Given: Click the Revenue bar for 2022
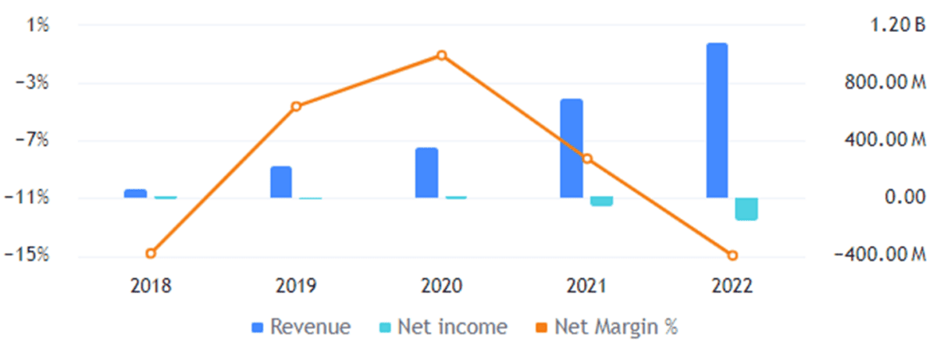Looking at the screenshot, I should (x=717, y=120).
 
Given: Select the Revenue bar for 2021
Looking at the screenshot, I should (x=572, y=148).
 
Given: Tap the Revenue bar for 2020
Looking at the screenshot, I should (x=426, y=173).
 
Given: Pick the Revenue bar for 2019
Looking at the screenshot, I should (x=281, y=182).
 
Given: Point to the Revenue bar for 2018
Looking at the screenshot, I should (x=135, y=193).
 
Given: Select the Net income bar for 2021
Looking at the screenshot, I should (x=601, y=201).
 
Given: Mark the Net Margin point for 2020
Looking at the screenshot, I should (x=441, y=55).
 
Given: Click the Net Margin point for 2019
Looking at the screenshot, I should (x=296, y=106).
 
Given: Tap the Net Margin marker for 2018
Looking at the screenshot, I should (x=151, y=253).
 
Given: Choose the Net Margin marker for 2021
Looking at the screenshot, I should (x=587, y=159).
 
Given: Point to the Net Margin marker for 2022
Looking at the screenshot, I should (x=732, y=255).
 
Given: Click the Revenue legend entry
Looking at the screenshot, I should (x=301, y=326).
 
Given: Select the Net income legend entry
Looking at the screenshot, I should (x=440, y=326).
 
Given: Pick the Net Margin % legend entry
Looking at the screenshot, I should (x=606, y=326).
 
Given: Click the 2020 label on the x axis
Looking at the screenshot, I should (x=441, y=285).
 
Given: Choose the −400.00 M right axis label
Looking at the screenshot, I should (x=879, y=255).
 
